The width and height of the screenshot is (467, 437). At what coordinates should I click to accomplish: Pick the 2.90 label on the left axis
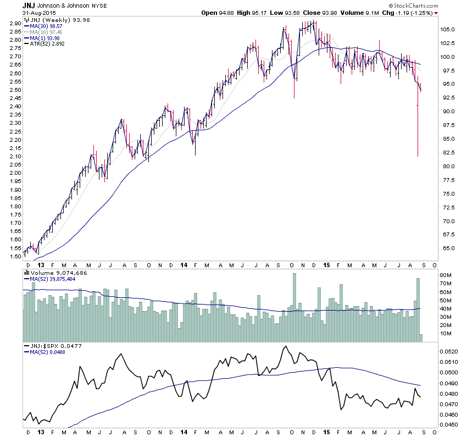(x=14, y=24)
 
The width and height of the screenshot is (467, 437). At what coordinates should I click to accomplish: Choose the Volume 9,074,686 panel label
(x=54, y=272)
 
